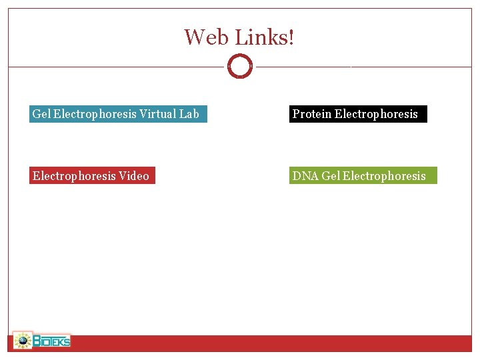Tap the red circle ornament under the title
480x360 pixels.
pyautogui.click(x=240, y=67)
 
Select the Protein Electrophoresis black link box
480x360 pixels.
pyautogui.click(x=358, y=114)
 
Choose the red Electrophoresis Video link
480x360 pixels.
pyautogui.click(x=92, y=175)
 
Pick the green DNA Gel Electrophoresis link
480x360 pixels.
pyautogui.click(x=363, y=175)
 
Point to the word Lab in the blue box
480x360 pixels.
pyautogui.click(x=189, y=114)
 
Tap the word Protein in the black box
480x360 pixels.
pyautogui.click(x=312, y=114)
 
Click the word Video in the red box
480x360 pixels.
pyautogui.click(x=134, y=176)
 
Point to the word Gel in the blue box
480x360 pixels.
pyautogui.click(x=41, y=114)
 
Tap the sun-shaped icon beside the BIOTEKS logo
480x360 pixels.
pyautogui.click(x=23, y=341)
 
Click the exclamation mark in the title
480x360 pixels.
pyautogui.click(x=290, y=37)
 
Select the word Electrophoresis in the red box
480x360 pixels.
pyautogui.click(x=74, y=176)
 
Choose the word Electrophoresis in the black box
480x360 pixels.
pyautogui.click(x=376, y=114)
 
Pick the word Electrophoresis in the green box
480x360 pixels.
pyautogui.click(x=384, y=176)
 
